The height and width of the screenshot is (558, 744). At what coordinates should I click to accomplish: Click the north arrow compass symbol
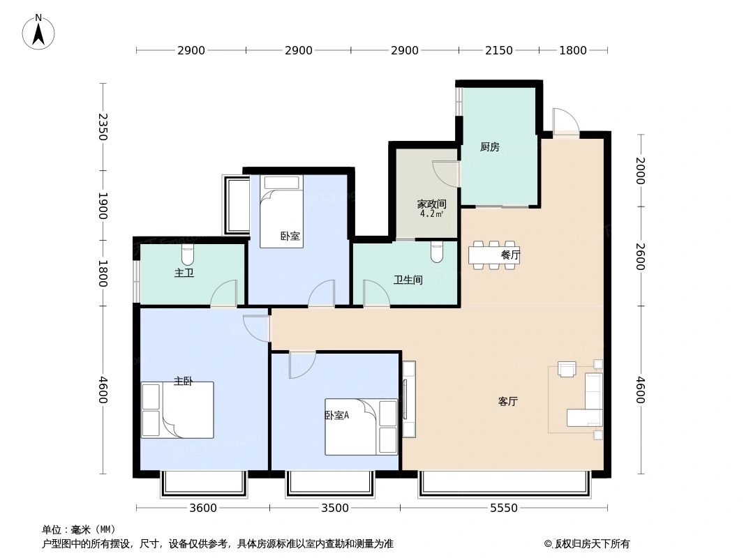[38, 31]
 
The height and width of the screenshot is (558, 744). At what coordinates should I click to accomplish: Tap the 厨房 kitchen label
[489, 147]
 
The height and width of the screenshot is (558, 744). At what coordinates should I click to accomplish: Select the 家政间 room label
[431, 204]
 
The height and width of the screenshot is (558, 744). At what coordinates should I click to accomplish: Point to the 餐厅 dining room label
[510, 255]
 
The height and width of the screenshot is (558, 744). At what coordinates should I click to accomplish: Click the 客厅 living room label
[507, 402]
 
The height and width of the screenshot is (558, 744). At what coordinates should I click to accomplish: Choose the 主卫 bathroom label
[184, 273]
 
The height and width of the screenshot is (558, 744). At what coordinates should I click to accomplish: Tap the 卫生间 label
[408, 280]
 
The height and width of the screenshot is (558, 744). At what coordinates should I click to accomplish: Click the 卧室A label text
[336, 415]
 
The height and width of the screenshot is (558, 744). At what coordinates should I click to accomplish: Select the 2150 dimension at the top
[498, 50]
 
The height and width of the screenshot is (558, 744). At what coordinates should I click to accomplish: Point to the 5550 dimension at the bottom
[503, 508]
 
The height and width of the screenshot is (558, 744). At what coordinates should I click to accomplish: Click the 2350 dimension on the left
[103, 127]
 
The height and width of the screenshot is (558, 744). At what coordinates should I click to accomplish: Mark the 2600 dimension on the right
[640, 255]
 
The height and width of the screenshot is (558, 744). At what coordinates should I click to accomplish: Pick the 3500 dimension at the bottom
[335, 508]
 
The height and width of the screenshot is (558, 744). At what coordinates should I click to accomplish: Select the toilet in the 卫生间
[437, 252]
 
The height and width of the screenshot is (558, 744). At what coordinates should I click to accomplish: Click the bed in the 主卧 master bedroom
[178, 410]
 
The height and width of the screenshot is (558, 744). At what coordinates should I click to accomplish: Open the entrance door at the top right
[565, 123]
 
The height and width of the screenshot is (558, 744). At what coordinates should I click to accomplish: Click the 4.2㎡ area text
[431, 214]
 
